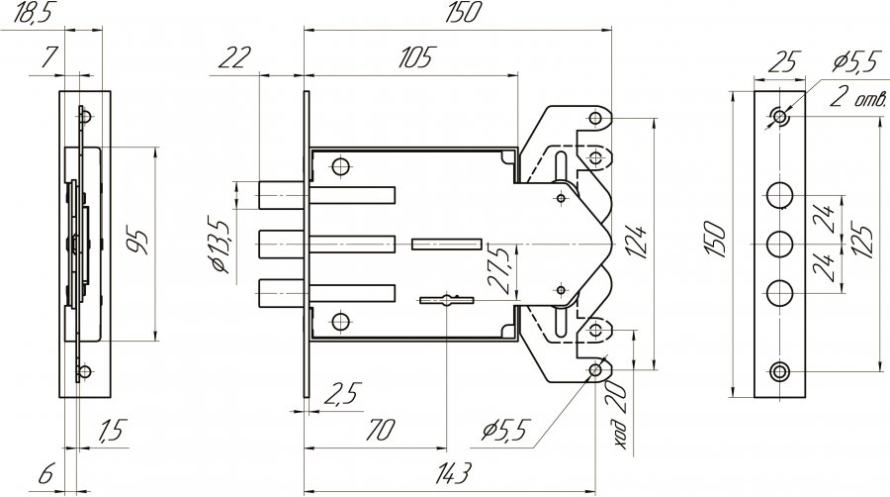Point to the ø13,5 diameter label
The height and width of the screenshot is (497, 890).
(220, 245)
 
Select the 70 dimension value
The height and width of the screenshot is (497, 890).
(379, 430)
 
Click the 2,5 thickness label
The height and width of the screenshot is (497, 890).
(342, 394)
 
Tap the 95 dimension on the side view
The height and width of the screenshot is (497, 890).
(136, 243)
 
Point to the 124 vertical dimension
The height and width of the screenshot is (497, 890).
(638, 244)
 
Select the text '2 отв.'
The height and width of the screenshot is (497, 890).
(857, 98)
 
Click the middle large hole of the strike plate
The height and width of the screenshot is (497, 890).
(780, 246)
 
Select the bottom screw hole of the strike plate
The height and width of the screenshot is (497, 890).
(780, 372)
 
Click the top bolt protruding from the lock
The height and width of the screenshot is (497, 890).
(326, 195)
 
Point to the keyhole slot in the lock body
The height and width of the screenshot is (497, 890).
(447, 299)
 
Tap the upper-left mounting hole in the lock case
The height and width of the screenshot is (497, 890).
(340, 167)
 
